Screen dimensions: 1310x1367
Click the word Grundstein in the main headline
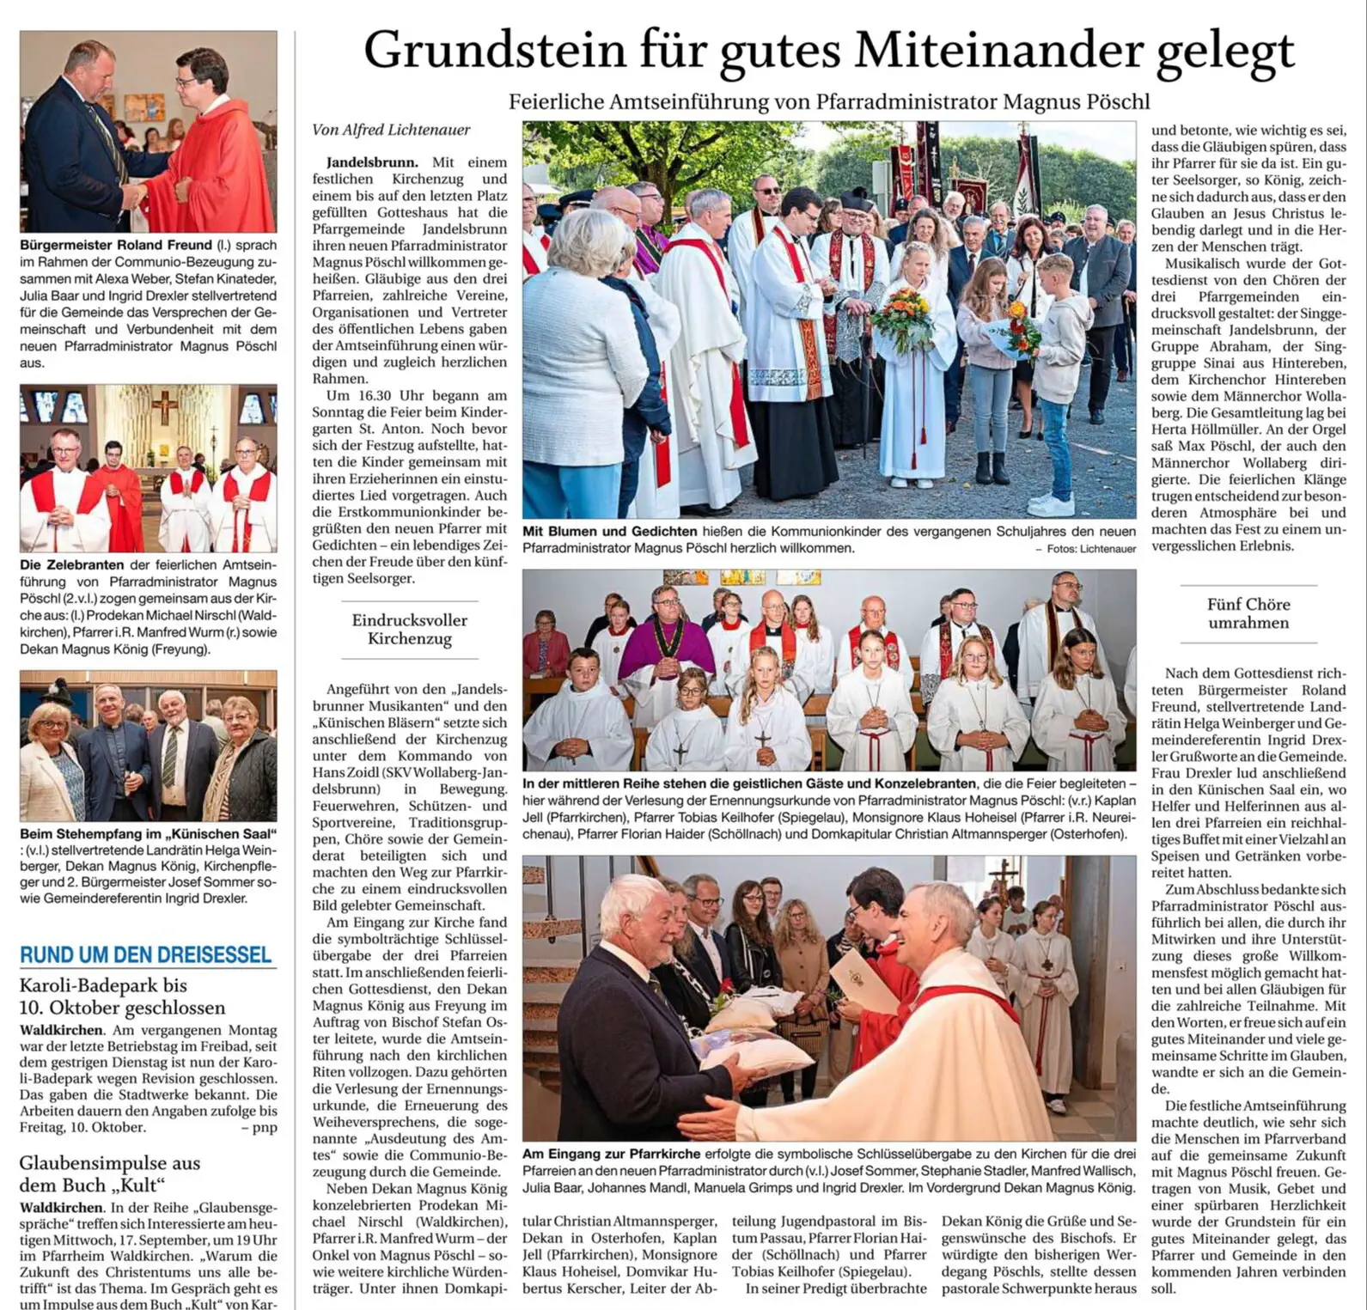click(494, 51)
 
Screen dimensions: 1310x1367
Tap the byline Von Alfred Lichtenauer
click(391, 130)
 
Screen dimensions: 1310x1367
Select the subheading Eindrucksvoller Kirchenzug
click(409, 630)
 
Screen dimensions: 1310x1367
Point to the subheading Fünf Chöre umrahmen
click(1248, 613)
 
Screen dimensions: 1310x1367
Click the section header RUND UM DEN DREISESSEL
click(145, 954)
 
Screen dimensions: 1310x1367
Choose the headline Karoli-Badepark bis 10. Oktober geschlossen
click(122, 996)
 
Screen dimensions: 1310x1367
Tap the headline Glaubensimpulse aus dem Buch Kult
click(109, 1173)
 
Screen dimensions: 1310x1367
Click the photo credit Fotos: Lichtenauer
click(1090, 549)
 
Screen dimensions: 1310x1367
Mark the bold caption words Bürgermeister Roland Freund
click(117, 245)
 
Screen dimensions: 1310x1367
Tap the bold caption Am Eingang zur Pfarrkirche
click(612, 1154)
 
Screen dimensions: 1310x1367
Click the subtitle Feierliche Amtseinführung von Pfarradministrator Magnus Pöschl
click(828, 101)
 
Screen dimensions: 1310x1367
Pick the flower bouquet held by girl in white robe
click(902, 320)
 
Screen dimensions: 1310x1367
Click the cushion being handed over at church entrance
click(756, 1054)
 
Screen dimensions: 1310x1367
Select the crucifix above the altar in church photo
click(164, 405)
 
